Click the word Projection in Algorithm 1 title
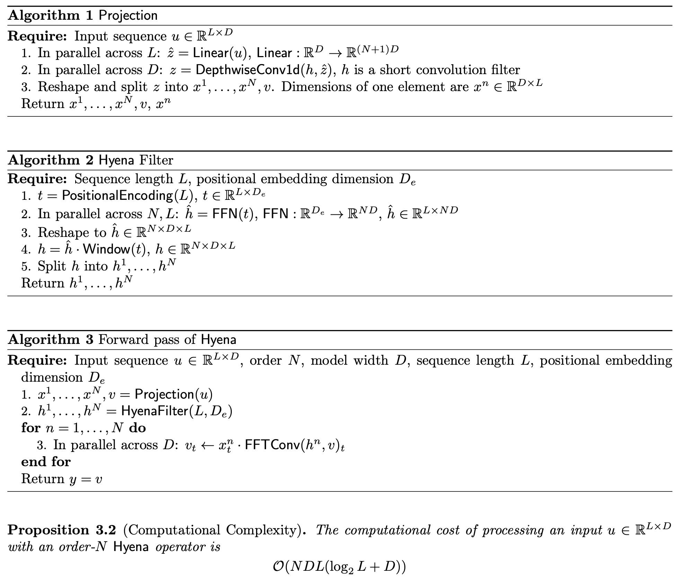(128, 16)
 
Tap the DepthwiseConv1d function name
(247, 70)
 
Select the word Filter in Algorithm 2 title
(156, 160)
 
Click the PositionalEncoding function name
(117, 196)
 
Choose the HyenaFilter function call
(154, 411)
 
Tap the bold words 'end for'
(46, 462)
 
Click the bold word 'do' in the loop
(137, 428)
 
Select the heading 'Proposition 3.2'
(61, 530)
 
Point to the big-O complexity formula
(339, 567)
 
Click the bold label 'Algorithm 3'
(51, 339)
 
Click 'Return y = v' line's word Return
(43, 479)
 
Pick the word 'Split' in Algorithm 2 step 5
(52, 266)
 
